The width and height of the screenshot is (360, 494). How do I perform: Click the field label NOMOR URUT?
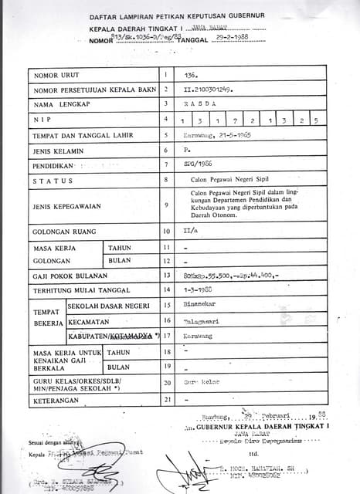tap(57, 76)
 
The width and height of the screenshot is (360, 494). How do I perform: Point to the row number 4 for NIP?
tap(165, 119)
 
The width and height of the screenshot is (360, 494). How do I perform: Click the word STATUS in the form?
tap(53, 181)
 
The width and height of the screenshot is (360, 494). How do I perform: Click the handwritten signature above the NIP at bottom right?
tap(183, 463)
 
